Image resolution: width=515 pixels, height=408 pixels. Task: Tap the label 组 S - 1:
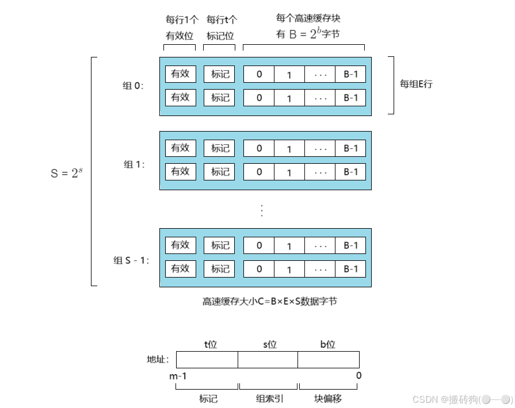(131, 260)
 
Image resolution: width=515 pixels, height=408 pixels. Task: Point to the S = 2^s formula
(66, 172)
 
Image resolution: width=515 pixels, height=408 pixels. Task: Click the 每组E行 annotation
(416, 84)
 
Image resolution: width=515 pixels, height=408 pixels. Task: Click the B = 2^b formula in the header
(307, 34)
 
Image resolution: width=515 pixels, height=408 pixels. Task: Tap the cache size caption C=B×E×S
(269, 301)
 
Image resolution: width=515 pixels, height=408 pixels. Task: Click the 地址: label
(158, 360)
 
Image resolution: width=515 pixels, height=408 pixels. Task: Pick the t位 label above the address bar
(211, 344)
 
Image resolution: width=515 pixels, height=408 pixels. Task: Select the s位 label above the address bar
(270, 344)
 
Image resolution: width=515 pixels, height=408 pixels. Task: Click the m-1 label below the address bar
(178, 376)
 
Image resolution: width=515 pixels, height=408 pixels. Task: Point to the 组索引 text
(269, 398)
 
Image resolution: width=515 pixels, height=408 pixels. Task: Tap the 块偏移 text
(329, 398)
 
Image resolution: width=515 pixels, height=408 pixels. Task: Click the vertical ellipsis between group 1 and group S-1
(262, 210)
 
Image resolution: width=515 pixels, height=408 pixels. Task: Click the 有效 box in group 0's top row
(180, 74)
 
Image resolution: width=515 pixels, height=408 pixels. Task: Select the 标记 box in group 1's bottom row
(220, 171)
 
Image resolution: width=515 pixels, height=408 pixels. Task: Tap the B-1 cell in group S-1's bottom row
(350, 269)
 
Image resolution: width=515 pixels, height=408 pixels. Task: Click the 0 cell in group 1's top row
(259, 148)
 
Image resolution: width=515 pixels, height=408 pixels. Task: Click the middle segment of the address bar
(268, 360)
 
